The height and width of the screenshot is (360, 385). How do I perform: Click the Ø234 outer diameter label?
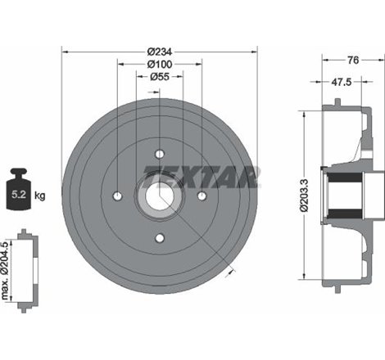point(159,51)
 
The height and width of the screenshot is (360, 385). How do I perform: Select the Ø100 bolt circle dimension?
point(159,64)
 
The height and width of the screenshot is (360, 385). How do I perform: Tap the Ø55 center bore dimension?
point(159,76)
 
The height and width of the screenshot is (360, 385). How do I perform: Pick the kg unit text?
point(39,196)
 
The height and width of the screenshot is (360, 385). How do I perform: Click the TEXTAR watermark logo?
point(202,174)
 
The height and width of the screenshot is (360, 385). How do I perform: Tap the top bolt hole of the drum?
point(159,153)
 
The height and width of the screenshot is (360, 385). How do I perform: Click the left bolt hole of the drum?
point(117,196)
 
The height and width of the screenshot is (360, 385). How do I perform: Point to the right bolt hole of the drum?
point(202,196)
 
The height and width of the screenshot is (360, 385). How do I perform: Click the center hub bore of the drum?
point(159,196)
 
